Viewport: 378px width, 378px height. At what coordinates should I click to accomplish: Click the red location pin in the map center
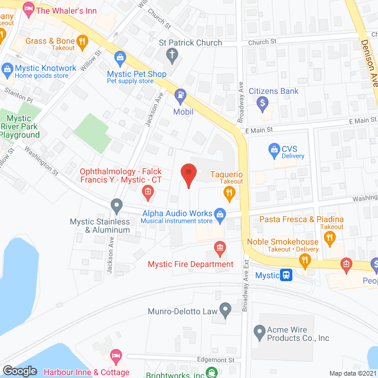[x=188, y=175]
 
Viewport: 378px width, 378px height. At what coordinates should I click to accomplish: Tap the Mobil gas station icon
[x=179, y=95]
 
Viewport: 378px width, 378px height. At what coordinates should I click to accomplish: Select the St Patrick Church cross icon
[x=172, y=56]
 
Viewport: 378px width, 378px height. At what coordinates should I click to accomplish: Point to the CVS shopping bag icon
[x=273, y=150]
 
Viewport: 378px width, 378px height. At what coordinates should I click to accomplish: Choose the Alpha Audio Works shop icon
[x=220, y=214]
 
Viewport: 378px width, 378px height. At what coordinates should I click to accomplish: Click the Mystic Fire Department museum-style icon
[x=220, y=247]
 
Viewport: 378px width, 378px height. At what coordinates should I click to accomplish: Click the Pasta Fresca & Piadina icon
[x=330, y=238]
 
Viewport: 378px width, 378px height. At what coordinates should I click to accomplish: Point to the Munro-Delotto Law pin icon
[x=225, y=308]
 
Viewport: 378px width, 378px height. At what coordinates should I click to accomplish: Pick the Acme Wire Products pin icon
[x=258, y=332]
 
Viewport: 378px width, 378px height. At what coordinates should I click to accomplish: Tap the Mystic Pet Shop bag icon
[x=120, y=57]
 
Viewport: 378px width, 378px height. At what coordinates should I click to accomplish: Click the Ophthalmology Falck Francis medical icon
[x=148, y=191]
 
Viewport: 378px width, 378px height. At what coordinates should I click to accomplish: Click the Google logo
[x=19, y=370]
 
